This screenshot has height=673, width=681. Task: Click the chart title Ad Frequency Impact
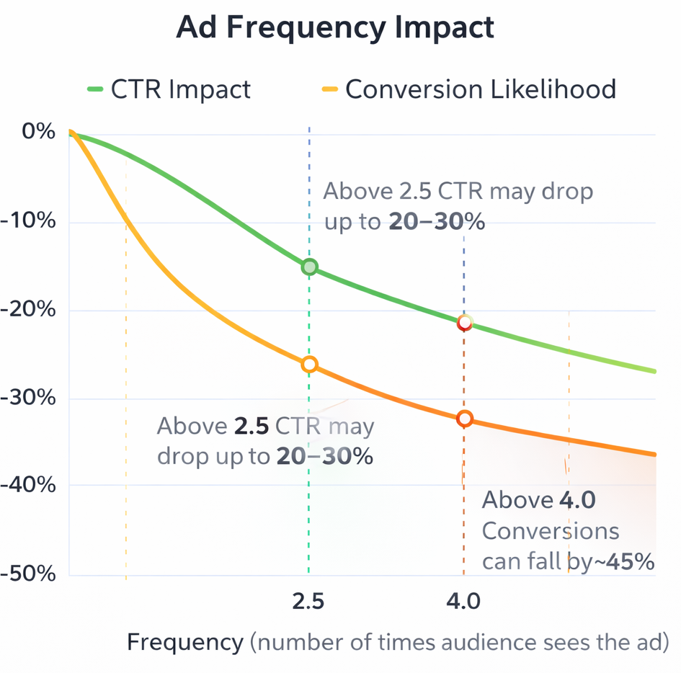coord(335,28)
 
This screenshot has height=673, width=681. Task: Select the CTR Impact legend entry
coord(169,89)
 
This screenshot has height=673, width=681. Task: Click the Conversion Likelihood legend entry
coord(468,89)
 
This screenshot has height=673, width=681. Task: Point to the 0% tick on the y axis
coord(38,132)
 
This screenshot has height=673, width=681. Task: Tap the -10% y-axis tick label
coord(29,220)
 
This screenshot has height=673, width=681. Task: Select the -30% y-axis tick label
coord(29,398)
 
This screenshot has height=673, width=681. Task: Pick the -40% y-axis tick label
coord(29,485)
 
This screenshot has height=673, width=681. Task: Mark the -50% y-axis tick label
coord(29,574)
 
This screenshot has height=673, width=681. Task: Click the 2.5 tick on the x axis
coord(308,601)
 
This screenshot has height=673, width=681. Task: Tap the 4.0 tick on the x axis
coord(463,601)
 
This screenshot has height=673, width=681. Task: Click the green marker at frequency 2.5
coord(309,267)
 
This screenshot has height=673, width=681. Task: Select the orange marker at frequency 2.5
coord(309,365)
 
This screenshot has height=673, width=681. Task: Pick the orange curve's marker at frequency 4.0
coord(465,419)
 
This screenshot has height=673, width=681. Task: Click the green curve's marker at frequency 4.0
coord(465,322)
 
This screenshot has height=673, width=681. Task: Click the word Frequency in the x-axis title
coord(185,642)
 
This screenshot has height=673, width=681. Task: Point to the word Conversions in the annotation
coord(550,531)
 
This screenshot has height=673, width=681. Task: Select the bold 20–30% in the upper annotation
coord(437,222)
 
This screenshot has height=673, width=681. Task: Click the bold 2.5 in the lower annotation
coord(252,426)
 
